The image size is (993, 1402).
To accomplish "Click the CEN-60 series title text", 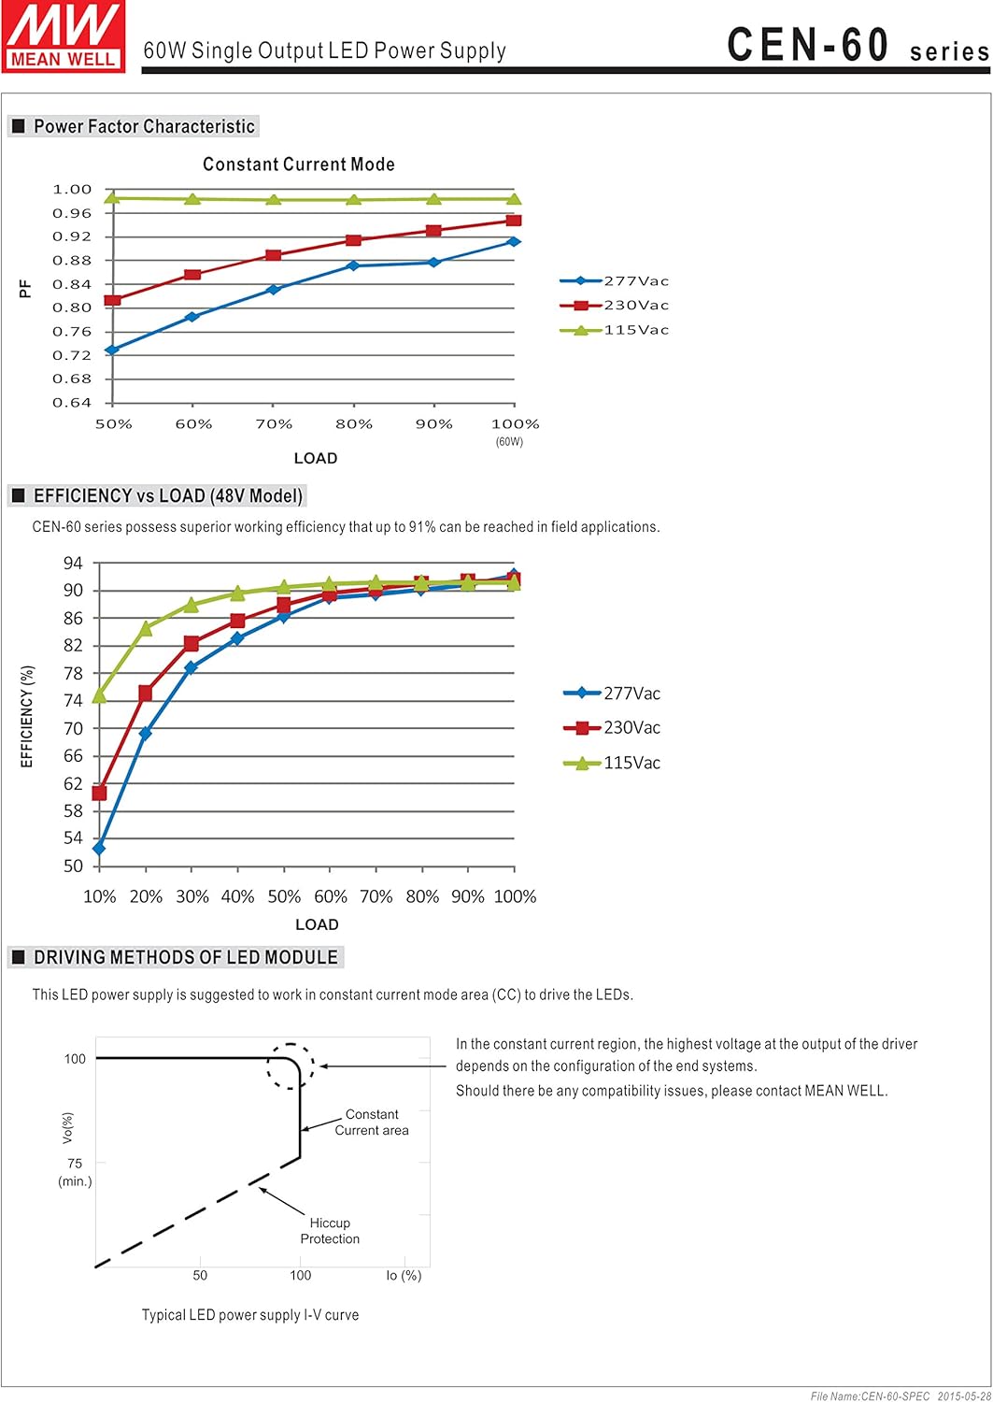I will coord(858,46).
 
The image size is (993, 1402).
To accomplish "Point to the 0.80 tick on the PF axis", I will coord(72,308).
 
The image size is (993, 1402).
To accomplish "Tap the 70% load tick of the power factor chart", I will coord(274,424).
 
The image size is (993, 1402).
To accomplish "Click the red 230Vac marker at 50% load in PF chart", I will coord(112,300).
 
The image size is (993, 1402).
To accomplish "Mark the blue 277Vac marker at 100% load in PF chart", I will coord(514,242).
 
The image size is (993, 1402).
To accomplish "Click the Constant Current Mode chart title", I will coord(299,165).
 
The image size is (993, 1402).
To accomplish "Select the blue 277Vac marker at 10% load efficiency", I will coord(99,848).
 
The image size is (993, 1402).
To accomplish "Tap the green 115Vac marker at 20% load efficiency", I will coord(146,628).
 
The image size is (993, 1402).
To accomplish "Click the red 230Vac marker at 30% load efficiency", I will coord(192,643).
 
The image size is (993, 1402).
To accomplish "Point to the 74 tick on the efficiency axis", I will coord(73,700).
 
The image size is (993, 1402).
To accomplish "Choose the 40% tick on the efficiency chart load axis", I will coord(237,896).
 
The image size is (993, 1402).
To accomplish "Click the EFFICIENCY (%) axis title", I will coord(27,716).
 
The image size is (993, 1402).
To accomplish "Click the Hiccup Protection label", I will coord(330,1231).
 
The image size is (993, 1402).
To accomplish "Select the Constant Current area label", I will coord(372,1123).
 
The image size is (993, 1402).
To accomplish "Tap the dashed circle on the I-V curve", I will coord(291,1066).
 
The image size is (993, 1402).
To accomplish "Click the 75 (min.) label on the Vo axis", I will coord(75,1172).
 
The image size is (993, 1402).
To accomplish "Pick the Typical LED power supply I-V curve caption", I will coord(250,1315).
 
